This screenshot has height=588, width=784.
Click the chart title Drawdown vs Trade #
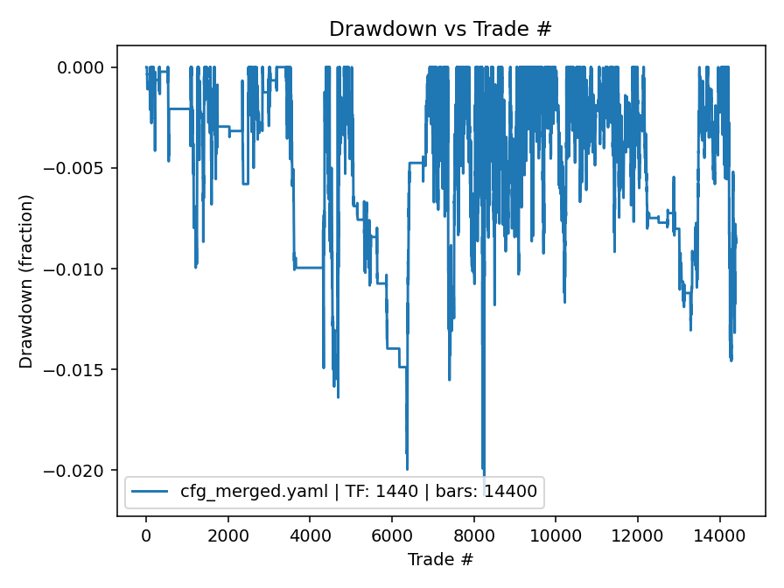(440, 29)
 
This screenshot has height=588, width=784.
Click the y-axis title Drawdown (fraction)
(26, 281)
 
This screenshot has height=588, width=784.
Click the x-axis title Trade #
(440, 558)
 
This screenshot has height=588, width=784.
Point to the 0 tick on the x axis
(146, 535)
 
